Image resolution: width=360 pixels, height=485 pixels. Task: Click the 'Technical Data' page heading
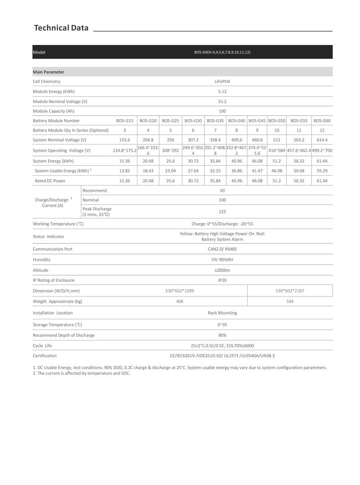pyautogui.click(x=61, y=28)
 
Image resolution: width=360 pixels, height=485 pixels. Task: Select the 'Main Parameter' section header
pyautogui.click(x=49, y=72)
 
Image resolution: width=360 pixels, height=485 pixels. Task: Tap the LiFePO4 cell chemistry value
pyautogui.click(x=222, y=82)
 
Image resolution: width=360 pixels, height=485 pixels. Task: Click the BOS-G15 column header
pyautogui.click(x=125, y=121)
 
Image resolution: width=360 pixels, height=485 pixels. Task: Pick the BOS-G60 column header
pyautogui.click(x=322, y=121)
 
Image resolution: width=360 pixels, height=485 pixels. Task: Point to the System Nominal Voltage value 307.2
pyautogui.click(x=193, y=140)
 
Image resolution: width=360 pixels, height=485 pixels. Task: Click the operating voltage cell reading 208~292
pyautogui.click(x=171, y=151)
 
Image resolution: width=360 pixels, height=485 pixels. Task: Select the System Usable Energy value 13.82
pyautogui.click(x=125, y=171)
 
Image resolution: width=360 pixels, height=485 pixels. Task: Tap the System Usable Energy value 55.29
pyautogui.click(x=322, y=171)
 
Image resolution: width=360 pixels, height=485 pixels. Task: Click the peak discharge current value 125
pyautogui.click(x=222, y=211)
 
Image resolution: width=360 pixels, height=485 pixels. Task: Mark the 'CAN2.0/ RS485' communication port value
pyautogui.click(x=222, y=249)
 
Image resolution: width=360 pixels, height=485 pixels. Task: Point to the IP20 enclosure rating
pyautogui.click(x=222, y=280)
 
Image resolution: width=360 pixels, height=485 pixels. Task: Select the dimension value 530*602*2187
pyautogui.click(x=290, y=291)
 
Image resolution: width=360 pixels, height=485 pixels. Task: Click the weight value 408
pyautogui.click(x=180, y=301)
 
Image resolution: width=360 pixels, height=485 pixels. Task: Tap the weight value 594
pyautogui.click(x=290, y=301)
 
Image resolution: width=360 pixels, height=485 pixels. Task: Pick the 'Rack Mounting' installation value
pyautogui.click(x=222, y=313)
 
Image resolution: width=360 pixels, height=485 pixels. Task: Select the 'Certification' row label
pyautogui.click(x=45, y=355)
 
